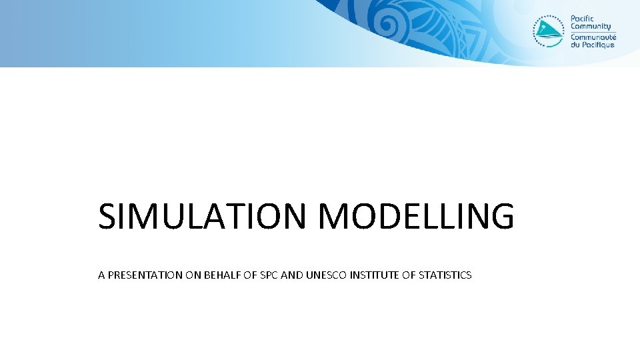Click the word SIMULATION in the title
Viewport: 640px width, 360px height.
tap(204, 217)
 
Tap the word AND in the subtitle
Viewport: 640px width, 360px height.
tap(291, 275)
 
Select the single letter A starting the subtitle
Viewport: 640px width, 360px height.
tap(101, 275)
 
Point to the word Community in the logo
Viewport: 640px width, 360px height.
tap(591, 27)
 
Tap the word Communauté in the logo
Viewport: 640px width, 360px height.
tap(593, 37)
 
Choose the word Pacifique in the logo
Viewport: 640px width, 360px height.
tap(597, 45)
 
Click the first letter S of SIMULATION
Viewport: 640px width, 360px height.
tap(107, 217)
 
